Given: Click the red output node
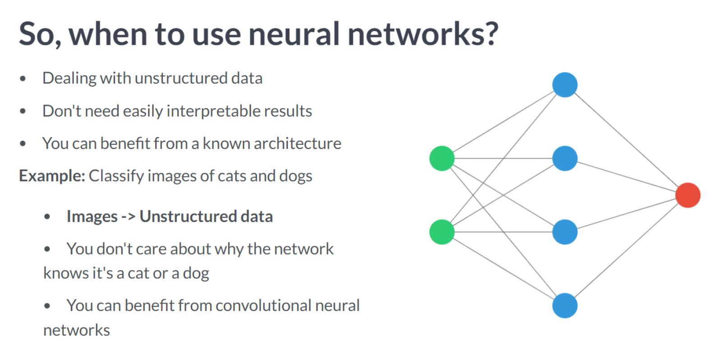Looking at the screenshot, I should [687, 195].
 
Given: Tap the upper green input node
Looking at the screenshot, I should [442, 158].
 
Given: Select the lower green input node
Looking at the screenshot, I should [442, 232].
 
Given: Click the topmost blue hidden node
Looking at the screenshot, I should [565, 85].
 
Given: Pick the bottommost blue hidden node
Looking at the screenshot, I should [565, 305].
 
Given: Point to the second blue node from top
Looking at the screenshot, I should [565, 158].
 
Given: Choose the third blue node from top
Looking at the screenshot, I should [565, 232].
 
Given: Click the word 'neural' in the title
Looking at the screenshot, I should [294, 34].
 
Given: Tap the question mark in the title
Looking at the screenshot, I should [489, 34].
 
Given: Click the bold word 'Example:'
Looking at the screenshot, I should [52, 176].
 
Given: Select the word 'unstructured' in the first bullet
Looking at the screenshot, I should [181, 78].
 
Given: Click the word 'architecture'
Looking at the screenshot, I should [297, 143].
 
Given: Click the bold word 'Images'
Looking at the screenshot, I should [92, 217].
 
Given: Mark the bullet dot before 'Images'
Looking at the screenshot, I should [47, 217].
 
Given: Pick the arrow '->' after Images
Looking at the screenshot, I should [129, 217].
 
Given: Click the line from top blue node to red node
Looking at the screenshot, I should [626, 140].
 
